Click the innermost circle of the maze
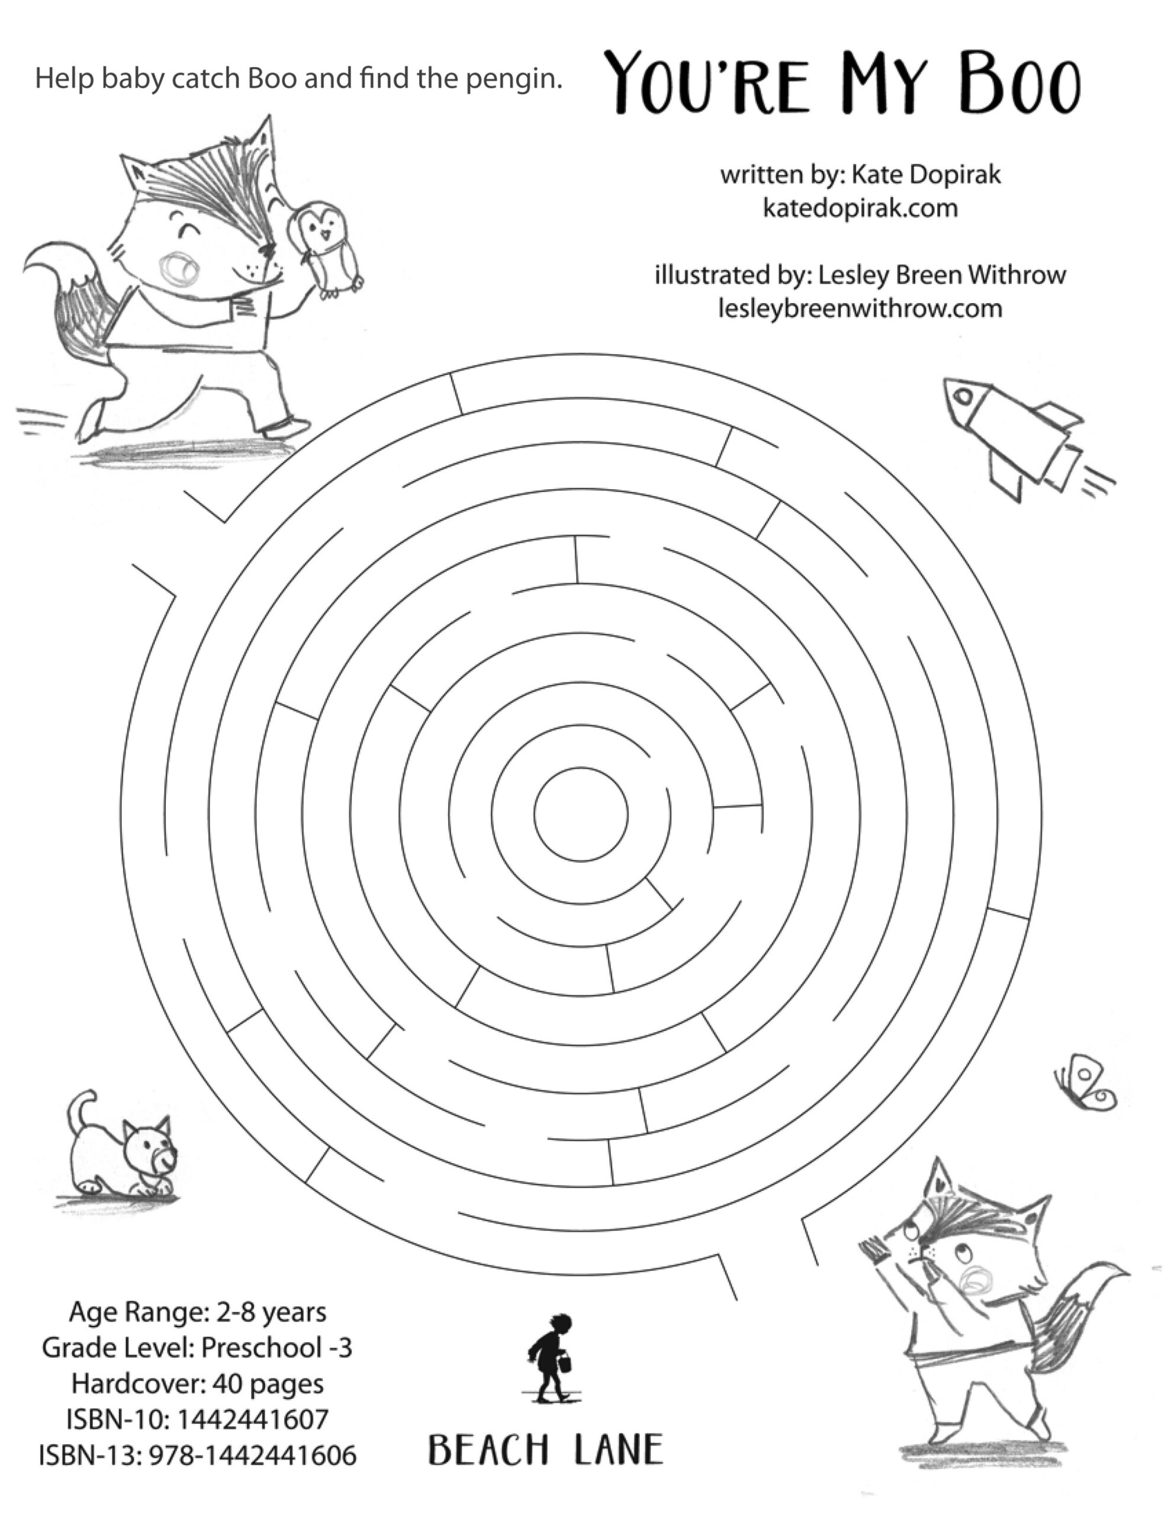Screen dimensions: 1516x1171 click(581, 814)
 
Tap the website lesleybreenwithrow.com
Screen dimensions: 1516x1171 click(860, 308)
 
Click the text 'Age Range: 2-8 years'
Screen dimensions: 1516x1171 click(197, 1312)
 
